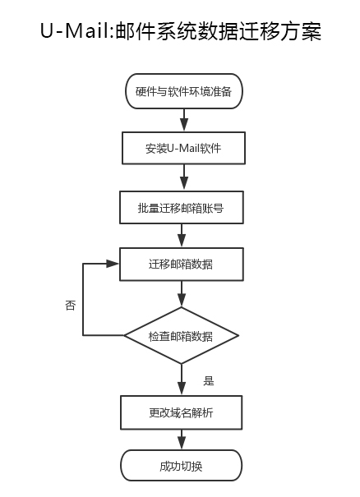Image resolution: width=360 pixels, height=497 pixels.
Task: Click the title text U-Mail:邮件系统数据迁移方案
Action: click(x=181, y=31)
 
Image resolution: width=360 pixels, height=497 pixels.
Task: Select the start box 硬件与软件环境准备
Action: click(x=184, y=91)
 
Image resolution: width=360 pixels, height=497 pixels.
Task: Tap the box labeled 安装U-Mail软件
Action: click(x=183, y=148)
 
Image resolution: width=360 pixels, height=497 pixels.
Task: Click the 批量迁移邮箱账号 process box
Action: click(x=182, y=207)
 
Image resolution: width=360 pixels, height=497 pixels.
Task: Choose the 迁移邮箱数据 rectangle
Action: click(x=182, y=264)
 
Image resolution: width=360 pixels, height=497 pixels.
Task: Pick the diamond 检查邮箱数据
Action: click(x=181, y=335)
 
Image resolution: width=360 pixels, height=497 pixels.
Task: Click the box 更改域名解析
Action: click(x=181, y=412)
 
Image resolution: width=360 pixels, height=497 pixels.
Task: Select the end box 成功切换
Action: click(x=181, y=465)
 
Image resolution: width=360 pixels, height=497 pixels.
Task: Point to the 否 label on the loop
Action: click(x=71, y=306)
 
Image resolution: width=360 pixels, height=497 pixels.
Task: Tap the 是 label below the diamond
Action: click(x=209, y=380)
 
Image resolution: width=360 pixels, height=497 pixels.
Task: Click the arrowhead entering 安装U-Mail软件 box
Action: click(x=184, y=125)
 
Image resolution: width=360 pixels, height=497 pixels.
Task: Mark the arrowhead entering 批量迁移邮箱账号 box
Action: click(x=184, y=183)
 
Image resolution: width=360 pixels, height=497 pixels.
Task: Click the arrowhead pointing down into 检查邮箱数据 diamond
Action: click(x=182, y=300)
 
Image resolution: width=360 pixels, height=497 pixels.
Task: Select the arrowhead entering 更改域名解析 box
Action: click(x=182, y=389)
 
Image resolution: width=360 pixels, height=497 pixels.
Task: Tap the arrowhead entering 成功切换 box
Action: click(x=182, y=443)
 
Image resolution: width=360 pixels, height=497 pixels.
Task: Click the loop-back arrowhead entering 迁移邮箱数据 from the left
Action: click(x=113, y=264)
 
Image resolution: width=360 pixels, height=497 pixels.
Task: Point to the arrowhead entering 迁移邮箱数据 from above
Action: click(x=182, y=241)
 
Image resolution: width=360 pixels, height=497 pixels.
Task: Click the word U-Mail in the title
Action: click(x=75, y=31)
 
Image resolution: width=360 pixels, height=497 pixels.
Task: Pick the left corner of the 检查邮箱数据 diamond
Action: click(x=124, y=335)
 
